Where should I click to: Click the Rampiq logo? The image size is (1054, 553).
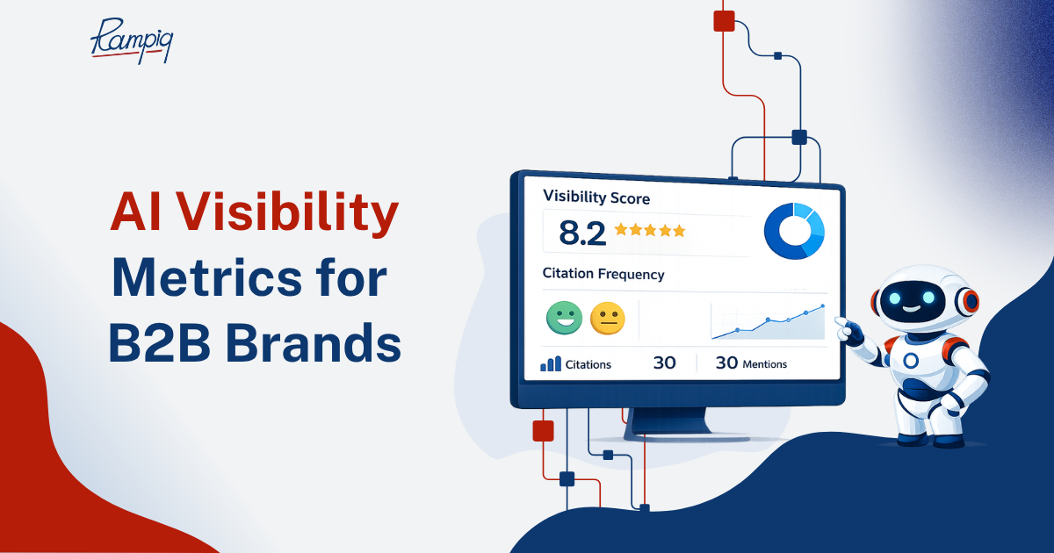[x=132, y=40]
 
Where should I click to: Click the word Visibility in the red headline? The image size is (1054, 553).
[x=288, y=212]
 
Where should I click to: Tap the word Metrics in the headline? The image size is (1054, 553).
[x=206, y=278]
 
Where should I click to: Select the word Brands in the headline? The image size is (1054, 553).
[x=314, y=342]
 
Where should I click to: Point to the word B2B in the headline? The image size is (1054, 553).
[x=160, y=343]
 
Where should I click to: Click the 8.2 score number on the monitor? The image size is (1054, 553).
[x=582, y=233]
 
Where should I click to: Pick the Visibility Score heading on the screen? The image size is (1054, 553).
[x=596, y=197]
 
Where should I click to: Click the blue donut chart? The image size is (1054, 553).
[x=794, y=231]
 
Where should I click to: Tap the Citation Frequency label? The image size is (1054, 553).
[x=603, y=274]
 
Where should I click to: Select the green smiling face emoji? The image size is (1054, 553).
[x=564, y=318]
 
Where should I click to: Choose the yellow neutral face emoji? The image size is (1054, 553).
[x=608, y=319]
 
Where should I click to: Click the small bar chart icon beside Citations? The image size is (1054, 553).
[x=551, y=363]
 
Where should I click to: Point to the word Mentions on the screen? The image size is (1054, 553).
[x=764, y=364]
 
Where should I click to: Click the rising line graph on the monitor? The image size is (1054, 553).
[x=768, y=321]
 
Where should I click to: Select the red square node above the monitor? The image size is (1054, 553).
[x=724, y=21]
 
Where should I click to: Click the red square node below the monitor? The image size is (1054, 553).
[x=543, y=431]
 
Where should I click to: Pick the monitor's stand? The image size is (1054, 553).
[x=669, y=423]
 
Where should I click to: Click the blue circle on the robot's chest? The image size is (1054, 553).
[x=911, y=361]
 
